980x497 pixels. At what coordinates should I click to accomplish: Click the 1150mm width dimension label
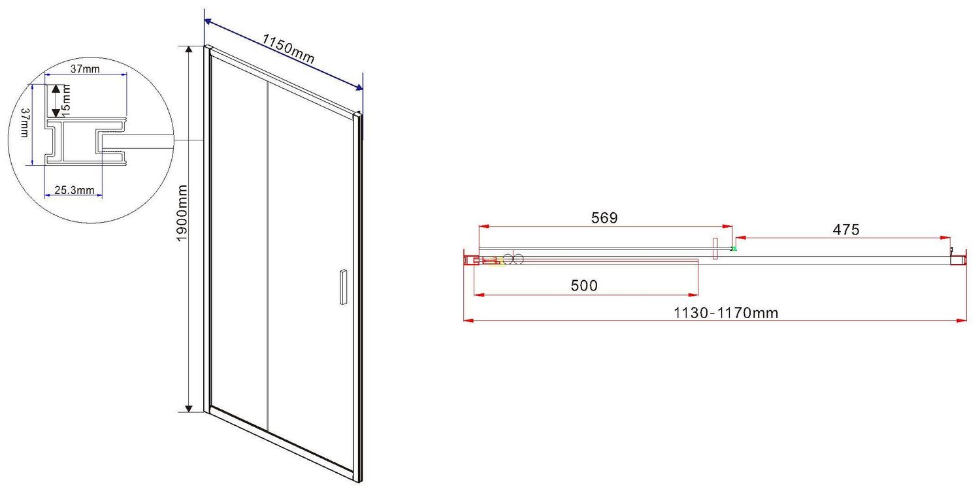click(288, 48)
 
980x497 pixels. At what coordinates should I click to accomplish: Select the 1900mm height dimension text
click(182, 213)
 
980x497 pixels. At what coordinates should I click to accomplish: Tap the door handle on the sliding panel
click(344, 287)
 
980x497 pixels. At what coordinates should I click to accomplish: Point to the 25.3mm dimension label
click(74, 190)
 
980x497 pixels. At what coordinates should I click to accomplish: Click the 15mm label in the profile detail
click(65, 101)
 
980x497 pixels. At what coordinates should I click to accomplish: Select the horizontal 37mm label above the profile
click(85, 69)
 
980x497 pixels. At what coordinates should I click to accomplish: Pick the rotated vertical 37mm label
click(25, 123)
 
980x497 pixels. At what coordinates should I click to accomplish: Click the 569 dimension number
click(604, 217)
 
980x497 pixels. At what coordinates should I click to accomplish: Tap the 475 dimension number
click(845, 229)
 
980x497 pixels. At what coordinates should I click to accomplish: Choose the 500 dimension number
click(584, 285)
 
